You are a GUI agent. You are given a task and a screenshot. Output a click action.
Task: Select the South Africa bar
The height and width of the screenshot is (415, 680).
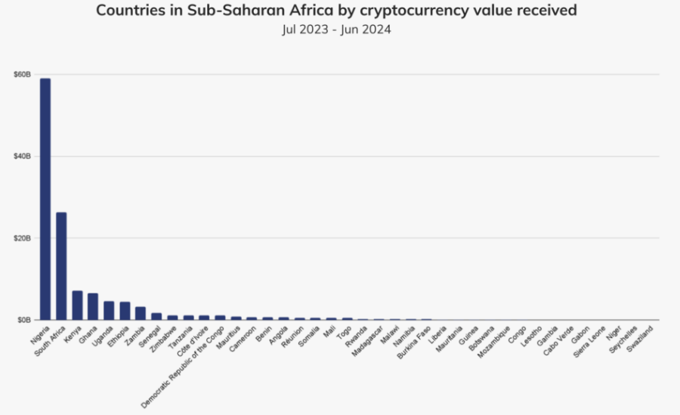61,266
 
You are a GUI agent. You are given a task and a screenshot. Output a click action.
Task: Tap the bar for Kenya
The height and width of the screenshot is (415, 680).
77,305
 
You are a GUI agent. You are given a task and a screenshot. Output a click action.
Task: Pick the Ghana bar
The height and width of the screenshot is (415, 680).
93,306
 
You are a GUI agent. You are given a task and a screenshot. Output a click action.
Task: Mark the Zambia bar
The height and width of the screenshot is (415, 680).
141,313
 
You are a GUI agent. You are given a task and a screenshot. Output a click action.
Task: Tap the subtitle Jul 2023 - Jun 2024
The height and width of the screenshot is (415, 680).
340,29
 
